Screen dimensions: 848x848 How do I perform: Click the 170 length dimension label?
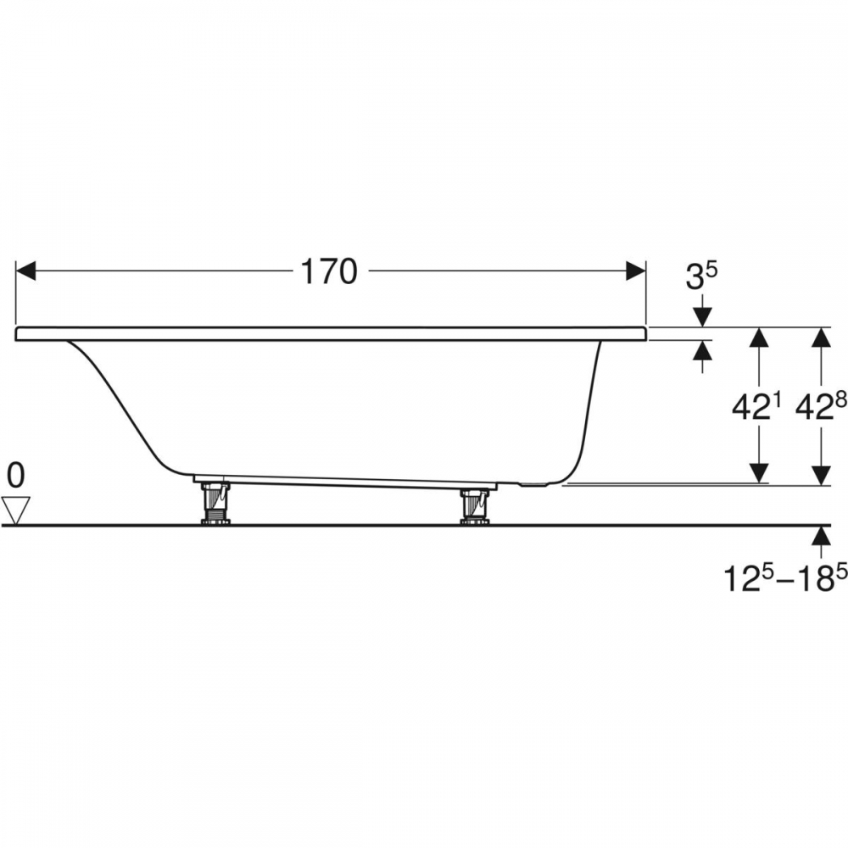(329, 271)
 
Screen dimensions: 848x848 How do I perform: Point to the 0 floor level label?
(15, 476)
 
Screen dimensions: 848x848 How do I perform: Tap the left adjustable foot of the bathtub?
(216, 503)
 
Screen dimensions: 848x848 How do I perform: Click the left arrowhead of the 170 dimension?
(26, 271)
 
